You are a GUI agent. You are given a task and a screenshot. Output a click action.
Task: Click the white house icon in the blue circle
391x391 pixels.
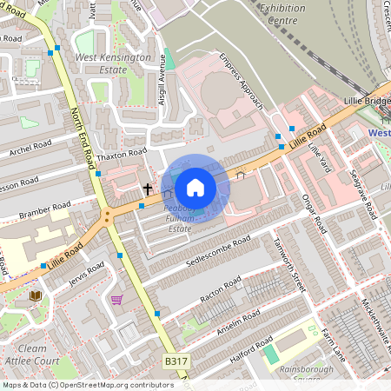[195, 188]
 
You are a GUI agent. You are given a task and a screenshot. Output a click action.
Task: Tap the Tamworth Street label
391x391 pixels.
[289, 264]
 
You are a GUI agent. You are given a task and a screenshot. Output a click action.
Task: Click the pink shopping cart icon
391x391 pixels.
[116, 300]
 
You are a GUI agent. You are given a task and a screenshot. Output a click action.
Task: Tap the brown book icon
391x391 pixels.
[36, 296]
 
